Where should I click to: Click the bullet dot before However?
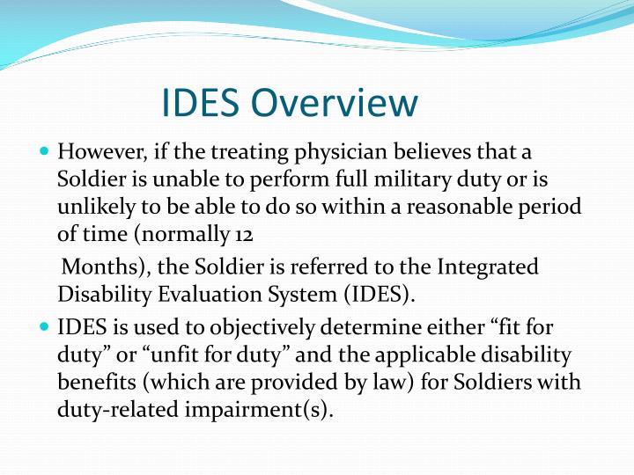45,152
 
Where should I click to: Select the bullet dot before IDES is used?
45,328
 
